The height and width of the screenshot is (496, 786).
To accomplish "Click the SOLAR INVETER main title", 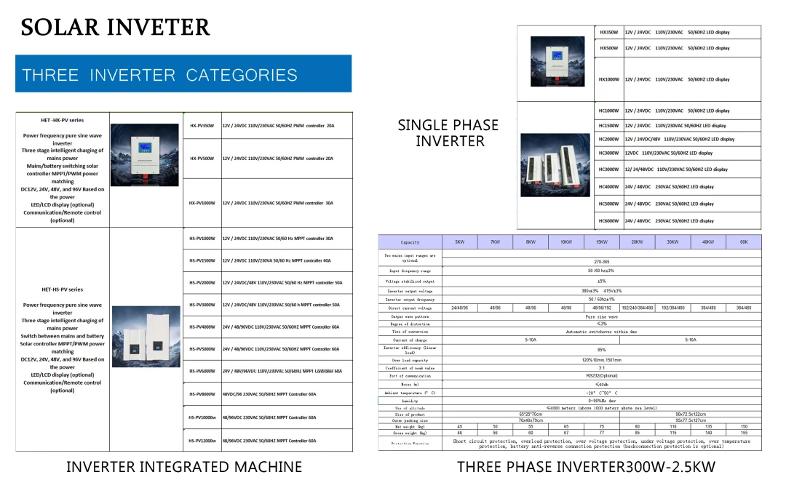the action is pos(116,28).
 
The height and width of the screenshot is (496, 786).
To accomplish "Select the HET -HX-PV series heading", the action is pos(62,120).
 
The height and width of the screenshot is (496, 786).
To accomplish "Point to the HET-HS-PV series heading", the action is pos(62,289).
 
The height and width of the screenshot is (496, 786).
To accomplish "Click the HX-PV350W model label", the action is pos(202,126).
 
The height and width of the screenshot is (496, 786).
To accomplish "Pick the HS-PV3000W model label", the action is pos(202,305).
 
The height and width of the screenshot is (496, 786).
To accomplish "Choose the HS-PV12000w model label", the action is pos(202,441).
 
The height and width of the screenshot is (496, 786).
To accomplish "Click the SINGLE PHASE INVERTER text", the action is pos(448,133).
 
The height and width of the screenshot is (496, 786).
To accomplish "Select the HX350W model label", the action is pos(608,33).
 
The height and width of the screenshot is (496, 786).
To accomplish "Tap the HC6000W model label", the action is pos(608,221).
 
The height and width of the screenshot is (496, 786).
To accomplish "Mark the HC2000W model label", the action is pos(608,139).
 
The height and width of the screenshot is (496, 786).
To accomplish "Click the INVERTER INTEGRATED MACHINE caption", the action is pos(184,467).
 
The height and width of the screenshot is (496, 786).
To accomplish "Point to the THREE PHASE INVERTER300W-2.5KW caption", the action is pos(586,467).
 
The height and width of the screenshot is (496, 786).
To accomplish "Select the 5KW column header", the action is pos(459,241).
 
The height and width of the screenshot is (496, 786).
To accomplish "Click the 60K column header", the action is pos(743,241).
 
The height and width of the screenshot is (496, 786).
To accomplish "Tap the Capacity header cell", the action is pos(410,242).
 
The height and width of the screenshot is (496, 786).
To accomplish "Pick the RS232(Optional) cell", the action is pos(601,376).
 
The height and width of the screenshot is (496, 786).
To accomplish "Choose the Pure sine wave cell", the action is pos(601,317).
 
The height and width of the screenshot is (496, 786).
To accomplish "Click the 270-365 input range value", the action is pos(601,261).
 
